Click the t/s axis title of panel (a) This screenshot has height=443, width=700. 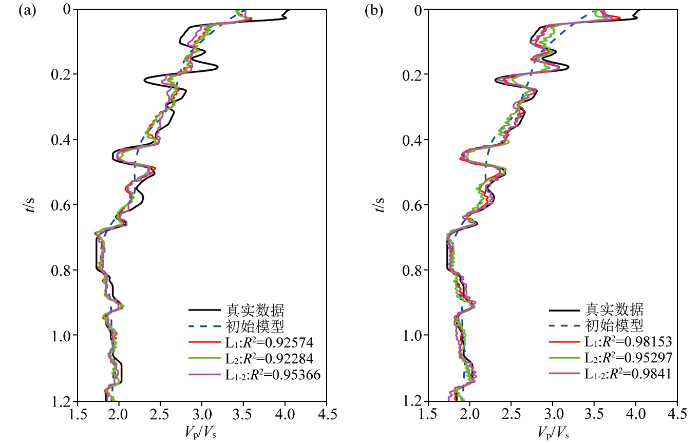point(31,205)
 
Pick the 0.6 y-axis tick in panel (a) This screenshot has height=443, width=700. point(62,205)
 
